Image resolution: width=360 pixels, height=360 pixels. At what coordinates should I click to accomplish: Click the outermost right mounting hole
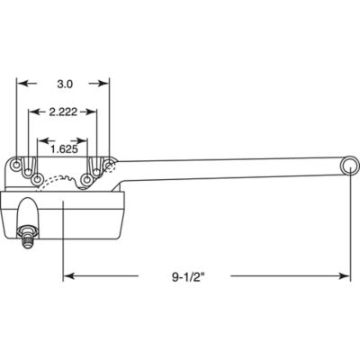tap(109, 166)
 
